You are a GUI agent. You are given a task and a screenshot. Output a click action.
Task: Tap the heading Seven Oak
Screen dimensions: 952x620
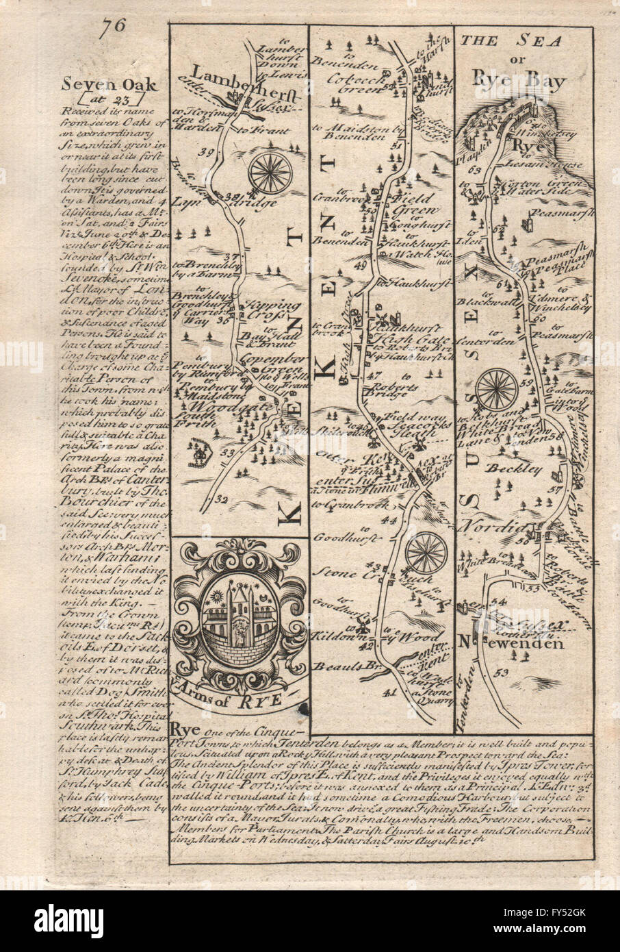point(119,84)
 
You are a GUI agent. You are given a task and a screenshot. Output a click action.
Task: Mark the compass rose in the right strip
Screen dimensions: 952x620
point(497,389)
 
